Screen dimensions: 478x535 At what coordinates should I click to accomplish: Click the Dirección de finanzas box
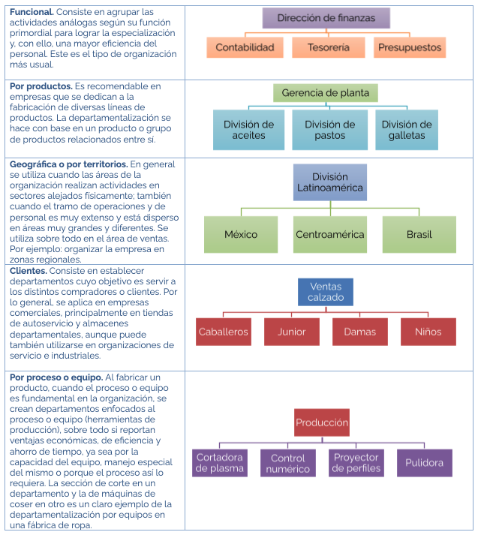click(x=326, y=18)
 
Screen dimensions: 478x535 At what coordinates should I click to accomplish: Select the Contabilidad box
click(x=245, y=47)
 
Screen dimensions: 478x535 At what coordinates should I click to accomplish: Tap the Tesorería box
click(x=328, y=47)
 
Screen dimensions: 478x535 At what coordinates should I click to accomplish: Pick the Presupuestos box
click(x=410, y=47)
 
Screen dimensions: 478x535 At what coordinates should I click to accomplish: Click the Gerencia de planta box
click(x=326, y=93)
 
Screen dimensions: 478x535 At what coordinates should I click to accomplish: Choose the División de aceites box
click(x=248, y=130)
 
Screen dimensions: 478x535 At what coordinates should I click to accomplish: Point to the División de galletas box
click(x=407, y=130)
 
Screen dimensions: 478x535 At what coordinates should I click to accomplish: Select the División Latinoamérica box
click(x=330, y=182)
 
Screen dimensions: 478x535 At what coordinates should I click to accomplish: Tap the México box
click(x=241, y=234)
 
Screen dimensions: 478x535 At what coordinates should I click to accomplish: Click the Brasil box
click(x=419, y=234)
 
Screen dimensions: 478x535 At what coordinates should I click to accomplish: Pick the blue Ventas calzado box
click(x=326, y=292)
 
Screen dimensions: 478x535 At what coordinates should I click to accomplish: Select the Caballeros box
click(x=224, y=332)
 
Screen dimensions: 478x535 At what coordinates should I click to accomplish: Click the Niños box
click(x=428, y=332)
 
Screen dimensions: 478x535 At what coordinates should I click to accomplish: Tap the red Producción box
click(x=322, y=422)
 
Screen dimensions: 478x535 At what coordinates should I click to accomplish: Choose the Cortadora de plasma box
click(x=220, y=463)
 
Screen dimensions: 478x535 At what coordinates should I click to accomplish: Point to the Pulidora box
click(x=425, y=463)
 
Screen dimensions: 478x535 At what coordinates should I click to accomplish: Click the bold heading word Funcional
click(x=32, y=12)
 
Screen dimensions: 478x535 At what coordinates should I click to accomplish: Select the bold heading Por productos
click(x=41, y=86)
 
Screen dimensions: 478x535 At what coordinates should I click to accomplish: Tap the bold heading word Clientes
click(x=29, y=271)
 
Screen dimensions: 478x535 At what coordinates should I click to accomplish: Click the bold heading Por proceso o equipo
click(x=56, y=377)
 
